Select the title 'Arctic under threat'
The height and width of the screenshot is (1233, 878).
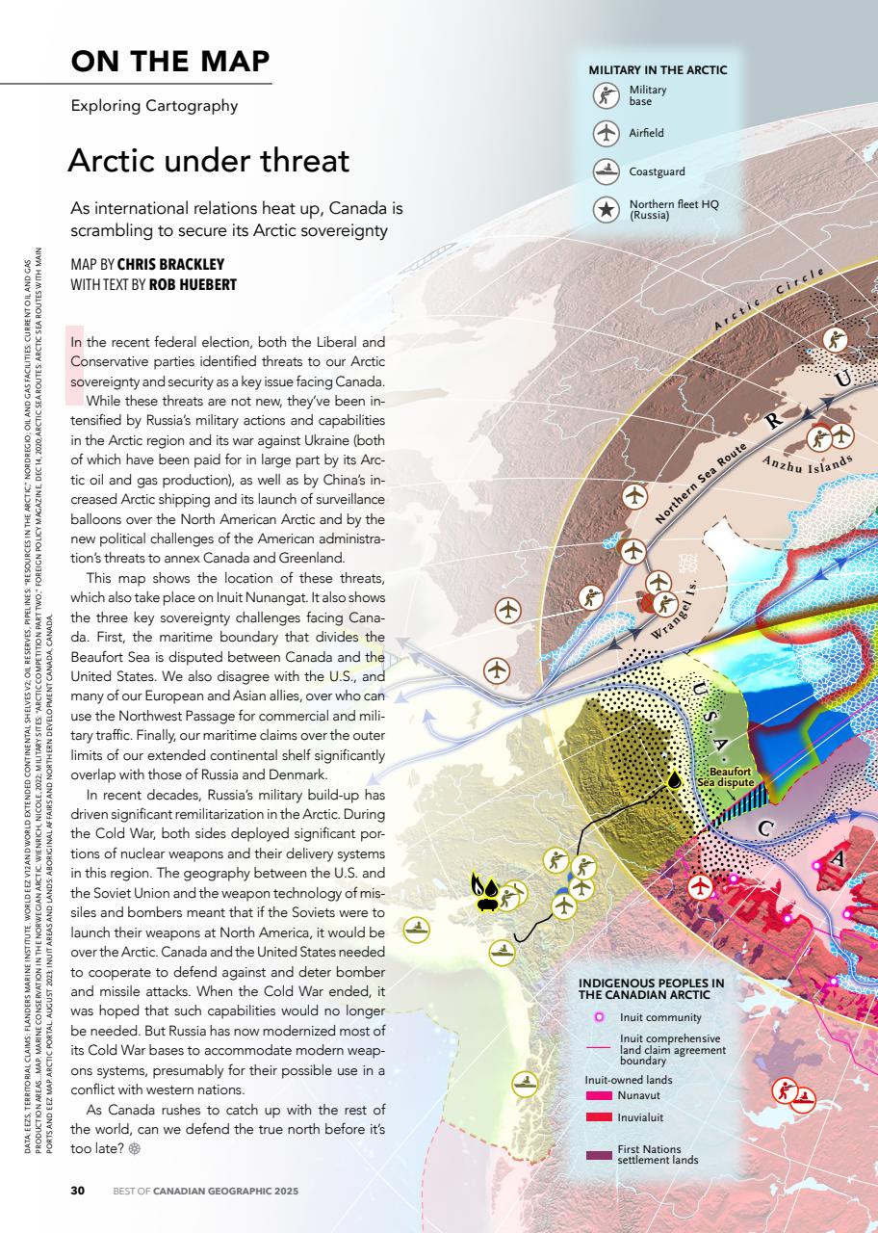click(x=208, y=160)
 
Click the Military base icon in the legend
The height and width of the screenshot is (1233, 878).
click(x=606, y=95)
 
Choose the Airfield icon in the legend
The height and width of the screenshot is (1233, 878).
click(x=606, y=133)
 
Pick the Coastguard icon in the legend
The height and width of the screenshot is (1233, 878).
click(x=606, y=171)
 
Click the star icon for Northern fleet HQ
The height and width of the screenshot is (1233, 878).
click(x=606, y=210)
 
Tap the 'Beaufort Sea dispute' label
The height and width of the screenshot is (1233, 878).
click(x=730, y=777)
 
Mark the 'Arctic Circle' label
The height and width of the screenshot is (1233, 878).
click(x=769, y=300)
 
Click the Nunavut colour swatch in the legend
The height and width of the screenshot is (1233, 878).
click(x=599, y=1096)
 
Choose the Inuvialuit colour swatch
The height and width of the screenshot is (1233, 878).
click(x=599, y=1117)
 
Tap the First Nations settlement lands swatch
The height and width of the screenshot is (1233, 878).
click(x=599, y=1154)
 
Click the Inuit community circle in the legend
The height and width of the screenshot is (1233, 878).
click(x=599, y=1016)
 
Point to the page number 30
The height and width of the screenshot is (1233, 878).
click(x=78, y=1191)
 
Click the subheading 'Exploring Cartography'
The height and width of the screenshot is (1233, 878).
click(x=154, y=106)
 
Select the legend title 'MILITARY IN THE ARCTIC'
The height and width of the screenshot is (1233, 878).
click(x=658, y=70)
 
